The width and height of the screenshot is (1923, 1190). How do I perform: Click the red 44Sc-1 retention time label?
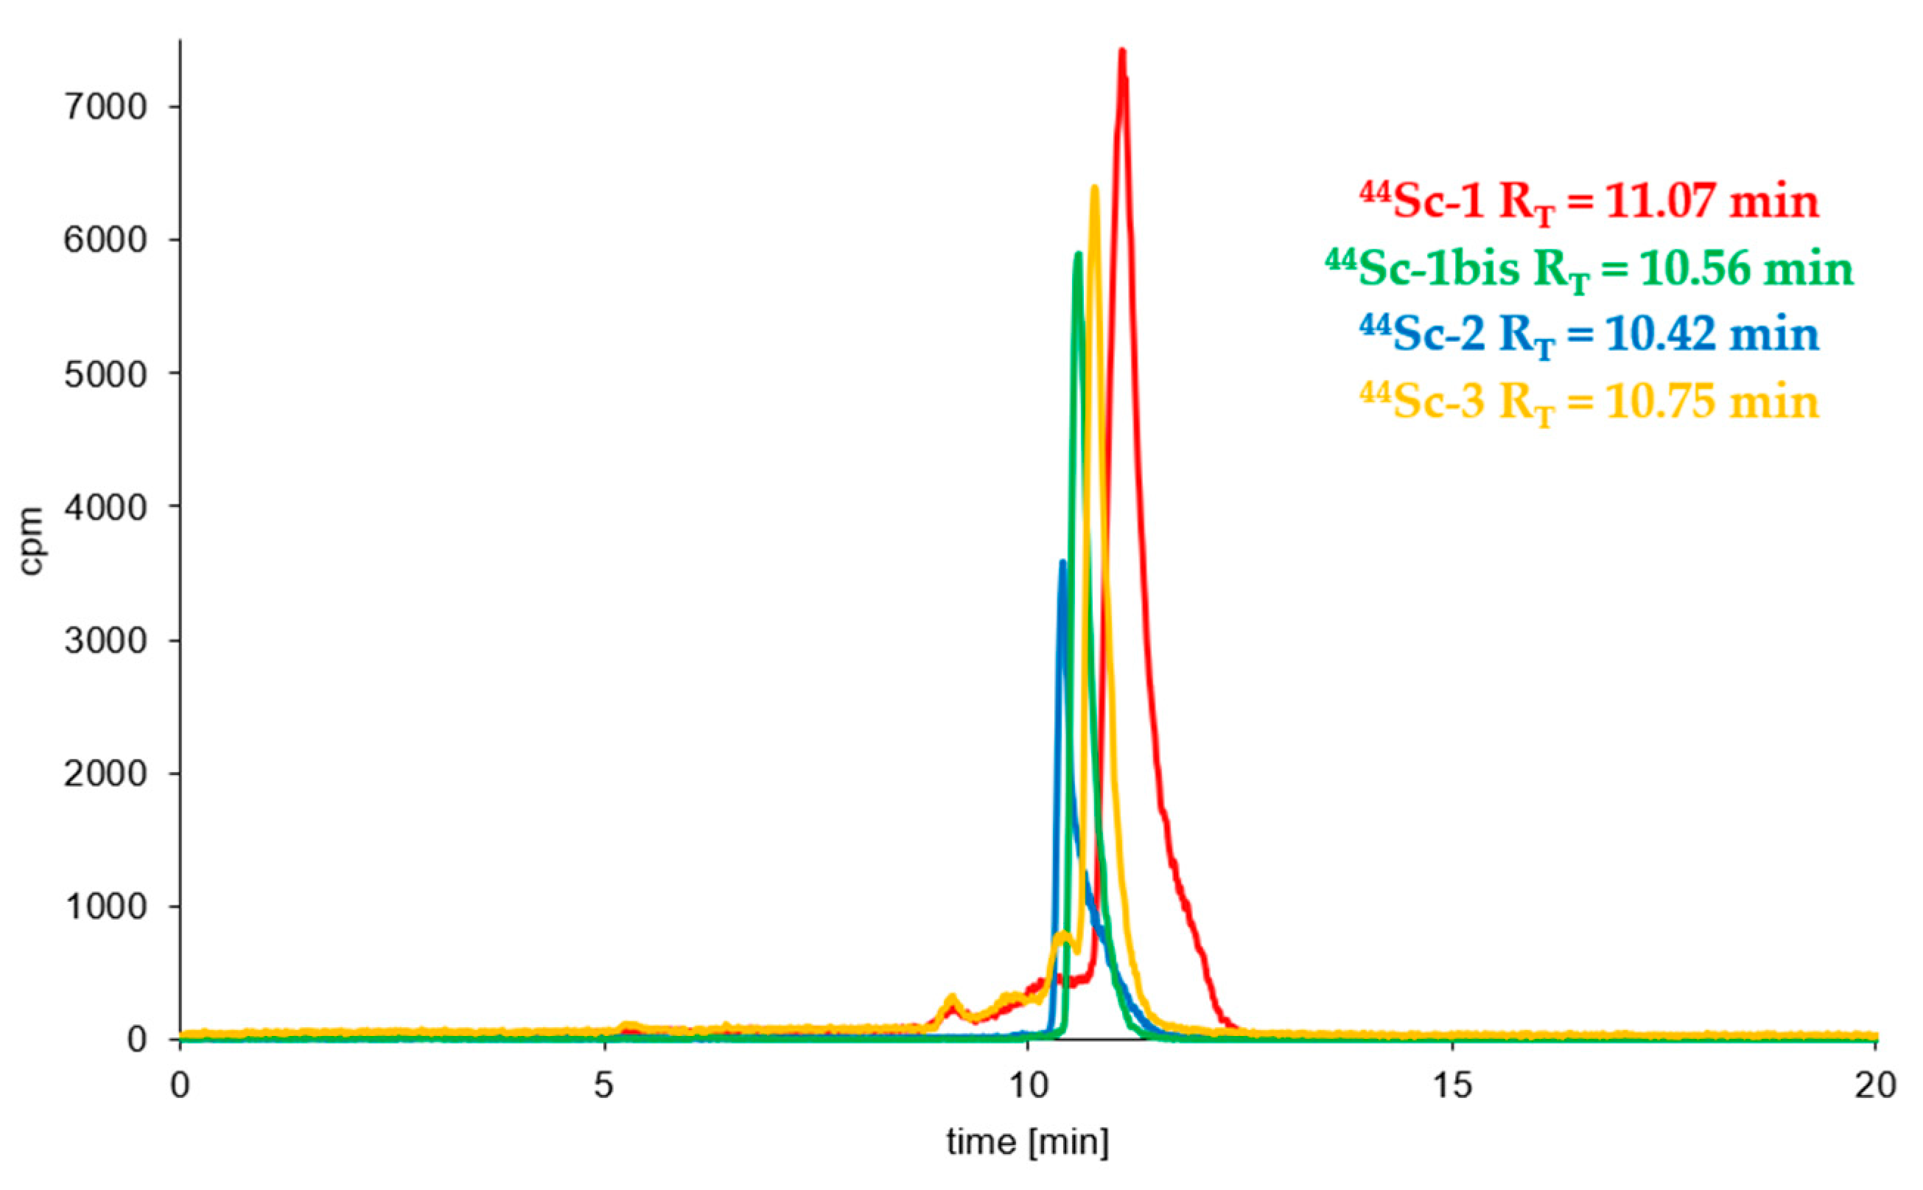click(1589, 203)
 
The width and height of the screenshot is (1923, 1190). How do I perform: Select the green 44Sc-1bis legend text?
click(1589, 269)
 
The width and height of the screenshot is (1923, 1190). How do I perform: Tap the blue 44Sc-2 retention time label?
click(1589, 335)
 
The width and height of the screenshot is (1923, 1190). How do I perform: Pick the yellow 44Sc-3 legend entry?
click(1589, 402)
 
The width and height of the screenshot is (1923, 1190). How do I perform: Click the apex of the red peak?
click(1122, 52)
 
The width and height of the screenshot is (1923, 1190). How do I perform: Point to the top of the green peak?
click(1078, 254)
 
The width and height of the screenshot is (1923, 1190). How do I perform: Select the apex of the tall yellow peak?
click(1094, 187)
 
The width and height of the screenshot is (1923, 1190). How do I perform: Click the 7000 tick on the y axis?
click(105, 107)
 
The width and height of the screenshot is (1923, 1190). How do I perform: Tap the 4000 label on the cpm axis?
click(105, 508)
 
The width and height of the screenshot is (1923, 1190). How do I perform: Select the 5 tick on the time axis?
click(603, 1086)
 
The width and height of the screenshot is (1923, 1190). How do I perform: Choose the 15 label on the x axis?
click(1451, 1086)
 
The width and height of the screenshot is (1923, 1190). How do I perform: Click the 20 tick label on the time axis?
click(1876, 1086)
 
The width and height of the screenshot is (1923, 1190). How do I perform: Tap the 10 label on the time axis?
click(1028, 1086)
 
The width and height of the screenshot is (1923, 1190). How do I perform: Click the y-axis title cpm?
click(32, 541)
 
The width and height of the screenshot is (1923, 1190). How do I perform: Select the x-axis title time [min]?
click(1028, 1142)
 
